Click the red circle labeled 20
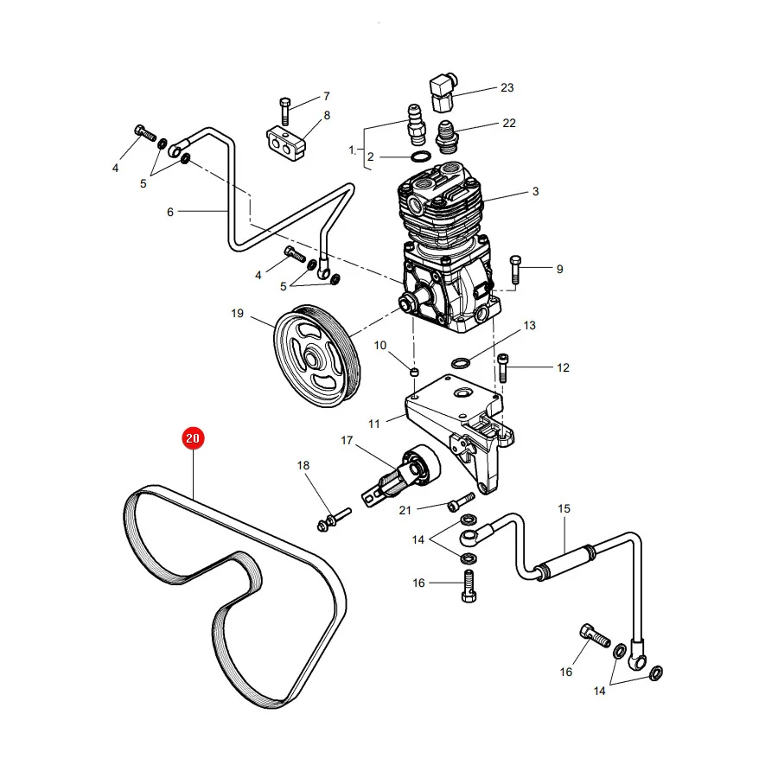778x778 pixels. point(193,438)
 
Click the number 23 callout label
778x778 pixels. point(507,88)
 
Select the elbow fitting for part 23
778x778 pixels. point(442,92)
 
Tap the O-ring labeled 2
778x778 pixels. point(420,156)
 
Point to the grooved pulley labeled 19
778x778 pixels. point(317,356)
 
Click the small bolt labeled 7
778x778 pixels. point(285,112)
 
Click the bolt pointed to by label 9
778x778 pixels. point(515,270)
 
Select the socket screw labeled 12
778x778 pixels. point(503,367)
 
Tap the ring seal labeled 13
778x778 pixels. point(461,362)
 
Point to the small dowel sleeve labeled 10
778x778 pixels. point(415,372)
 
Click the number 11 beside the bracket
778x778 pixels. point(374,424)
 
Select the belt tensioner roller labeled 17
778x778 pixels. point(401,475)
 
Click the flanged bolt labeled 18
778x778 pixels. point(334,519)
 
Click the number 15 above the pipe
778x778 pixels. point(564,508)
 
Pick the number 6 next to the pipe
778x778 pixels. point(170,213)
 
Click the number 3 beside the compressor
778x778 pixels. point(535,192)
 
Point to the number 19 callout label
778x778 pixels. point(237,314)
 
